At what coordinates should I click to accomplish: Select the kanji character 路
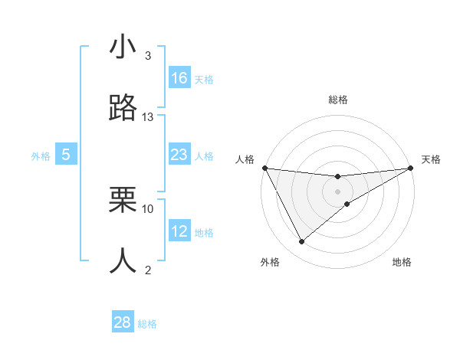123,108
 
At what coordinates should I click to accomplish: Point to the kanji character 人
123,260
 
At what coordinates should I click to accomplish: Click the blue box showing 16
179,78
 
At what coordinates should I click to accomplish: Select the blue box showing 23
179,155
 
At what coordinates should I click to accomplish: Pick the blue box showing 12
179,231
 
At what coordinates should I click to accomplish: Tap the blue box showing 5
66,155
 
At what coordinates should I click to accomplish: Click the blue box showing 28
123,322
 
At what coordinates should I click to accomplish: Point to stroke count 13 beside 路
148,117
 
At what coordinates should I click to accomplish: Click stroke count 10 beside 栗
148,208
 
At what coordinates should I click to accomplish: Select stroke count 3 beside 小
148,56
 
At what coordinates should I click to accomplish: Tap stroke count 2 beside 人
148,270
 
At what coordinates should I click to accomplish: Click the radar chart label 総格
338,100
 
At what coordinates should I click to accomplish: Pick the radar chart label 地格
402,262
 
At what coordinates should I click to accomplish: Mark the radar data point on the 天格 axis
411,168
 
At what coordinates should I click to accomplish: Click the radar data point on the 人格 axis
264,168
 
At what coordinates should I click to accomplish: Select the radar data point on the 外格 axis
301,242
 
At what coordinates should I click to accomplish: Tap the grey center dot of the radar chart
338,191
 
